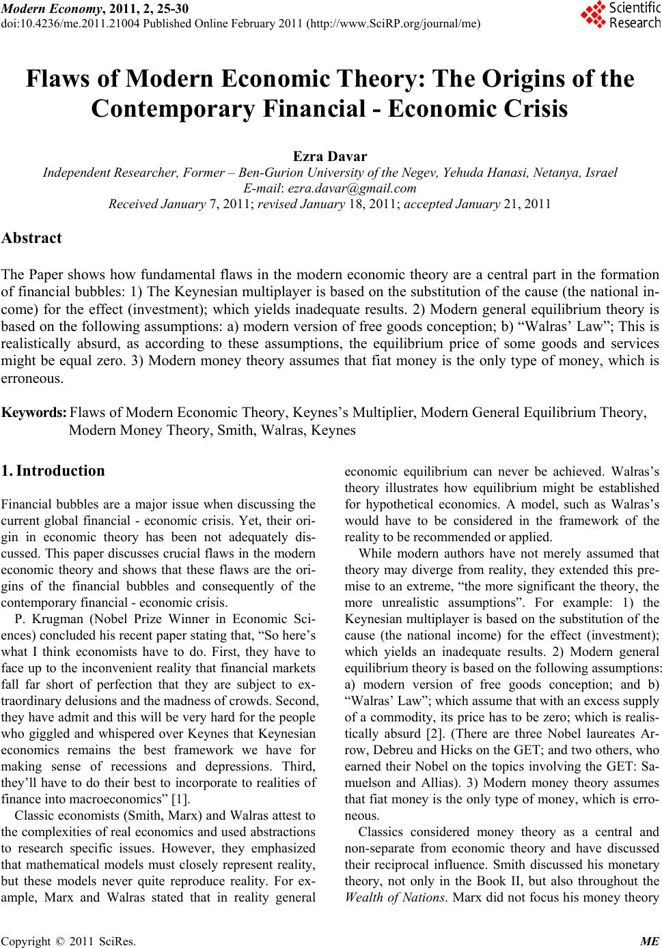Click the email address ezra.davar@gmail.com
click(x=352, y=188)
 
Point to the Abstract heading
click(x=31, y=238)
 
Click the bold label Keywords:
click(x=34, y=413)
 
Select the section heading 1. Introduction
click(x=53, y=470)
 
